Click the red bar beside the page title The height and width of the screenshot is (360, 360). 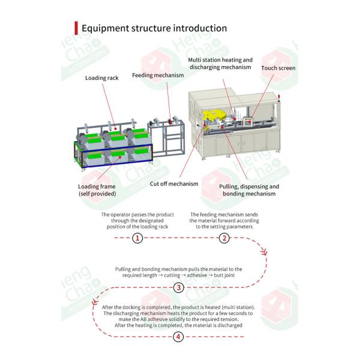coord(76,28)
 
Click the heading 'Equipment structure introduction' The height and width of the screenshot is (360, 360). coord(154,28)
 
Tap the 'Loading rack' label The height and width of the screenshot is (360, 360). coord(102,78)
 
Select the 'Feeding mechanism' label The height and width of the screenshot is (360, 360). coord(158,76)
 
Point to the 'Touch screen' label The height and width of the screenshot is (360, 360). coord(278,68)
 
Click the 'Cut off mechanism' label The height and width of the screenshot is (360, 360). coord(174,184)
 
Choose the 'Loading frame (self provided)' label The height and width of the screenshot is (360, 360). coord(97,190)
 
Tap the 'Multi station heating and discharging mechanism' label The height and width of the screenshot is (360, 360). coord(220,64)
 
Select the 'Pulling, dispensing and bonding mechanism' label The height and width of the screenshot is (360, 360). coord(249,190)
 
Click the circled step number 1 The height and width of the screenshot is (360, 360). coord(137,238)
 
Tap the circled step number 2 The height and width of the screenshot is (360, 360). coord(224,238)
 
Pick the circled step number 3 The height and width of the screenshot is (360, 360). coord(179,287)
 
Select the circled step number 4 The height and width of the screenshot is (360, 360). coord(178,337)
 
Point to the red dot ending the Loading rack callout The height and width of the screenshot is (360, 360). coord(116,129)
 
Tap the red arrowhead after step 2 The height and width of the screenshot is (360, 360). coord(265,252)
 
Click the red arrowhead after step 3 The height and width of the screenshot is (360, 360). coord(95,302)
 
